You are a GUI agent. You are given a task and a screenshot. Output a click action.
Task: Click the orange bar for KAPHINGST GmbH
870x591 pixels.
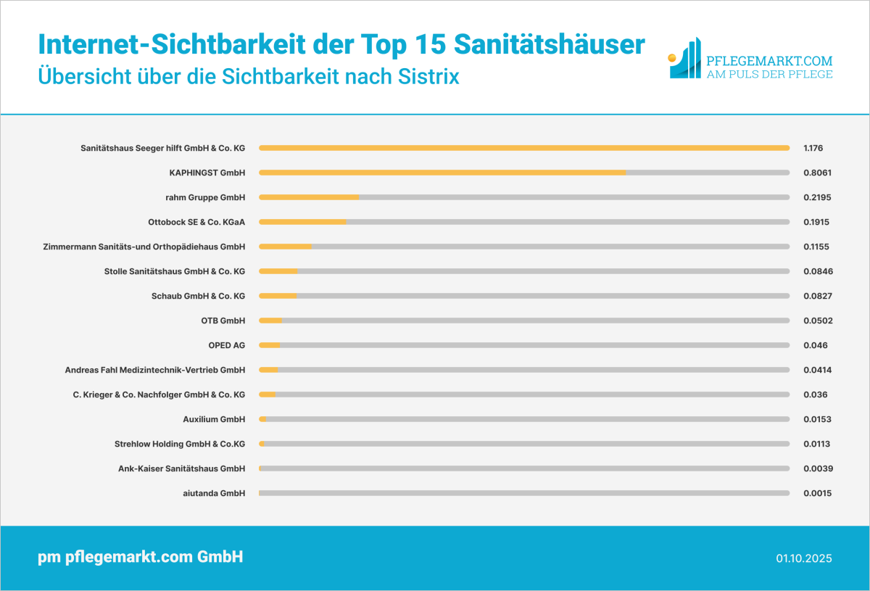(x=442, y=173)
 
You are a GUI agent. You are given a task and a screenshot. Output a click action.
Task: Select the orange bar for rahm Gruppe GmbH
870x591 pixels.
(x=309, y=197)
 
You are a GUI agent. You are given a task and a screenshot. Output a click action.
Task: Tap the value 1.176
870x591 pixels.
(x=813, y=148)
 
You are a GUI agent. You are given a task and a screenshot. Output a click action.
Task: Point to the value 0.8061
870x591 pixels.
(x=817, y=173)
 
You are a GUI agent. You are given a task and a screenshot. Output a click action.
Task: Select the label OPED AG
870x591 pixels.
(x=226, y=345)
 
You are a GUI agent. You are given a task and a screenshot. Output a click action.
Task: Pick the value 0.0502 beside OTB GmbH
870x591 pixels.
(x=817, y=321)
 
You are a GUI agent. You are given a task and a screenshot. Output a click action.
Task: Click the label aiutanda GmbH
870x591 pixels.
(x=214, y=493)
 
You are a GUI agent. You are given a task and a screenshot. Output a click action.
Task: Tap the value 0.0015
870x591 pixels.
(x=817, y=493)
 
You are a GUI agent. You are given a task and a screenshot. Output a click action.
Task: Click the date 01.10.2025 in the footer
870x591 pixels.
(x=804, y=558)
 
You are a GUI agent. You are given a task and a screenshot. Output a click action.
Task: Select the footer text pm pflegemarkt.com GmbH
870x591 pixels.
(x=140, y=557)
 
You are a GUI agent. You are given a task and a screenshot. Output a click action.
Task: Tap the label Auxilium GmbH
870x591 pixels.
(x=214, y=419)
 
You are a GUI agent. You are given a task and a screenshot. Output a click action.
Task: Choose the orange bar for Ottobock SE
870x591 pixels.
(x=302, y=222)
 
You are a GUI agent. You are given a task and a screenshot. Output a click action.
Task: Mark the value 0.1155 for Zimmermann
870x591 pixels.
(x=817, y=247)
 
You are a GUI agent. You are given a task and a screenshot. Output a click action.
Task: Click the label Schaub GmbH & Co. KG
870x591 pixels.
(x=198, y=296)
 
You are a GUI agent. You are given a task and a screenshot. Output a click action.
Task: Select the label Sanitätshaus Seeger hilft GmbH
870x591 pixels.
(x=162, y=148)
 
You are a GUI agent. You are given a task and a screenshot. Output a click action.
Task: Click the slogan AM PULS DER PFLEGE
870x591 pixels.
(x=769, y=74)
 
